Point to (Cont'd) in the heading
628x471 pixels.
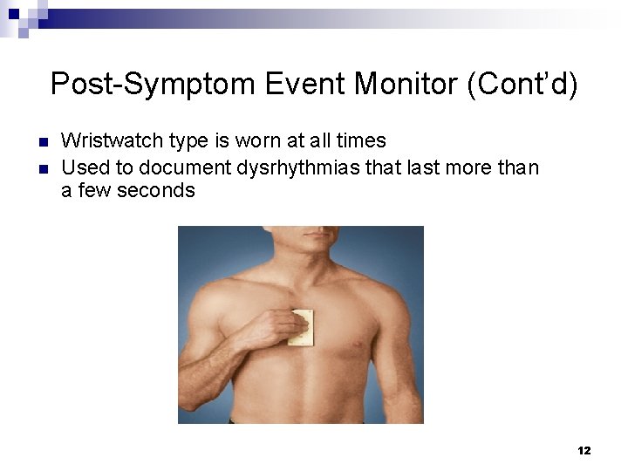coord(522,85)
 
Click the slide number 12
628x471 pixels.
coord(584,451)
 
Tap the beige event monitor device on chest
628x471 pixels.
coord(302,327)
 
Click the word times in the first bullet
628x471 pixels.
coord(360,140)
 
